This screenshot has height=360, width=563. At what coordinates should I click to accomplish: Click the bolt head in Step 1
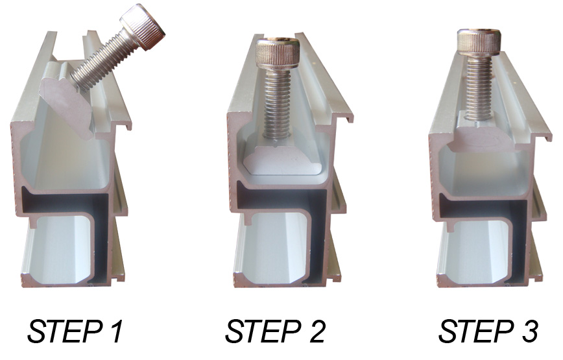coord(143,27)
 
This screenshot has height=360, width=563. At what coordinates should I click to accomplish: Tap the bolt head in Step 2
coord(277,51)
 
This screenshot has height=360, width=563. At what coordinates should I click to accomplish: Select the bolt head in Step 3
coord(479,42)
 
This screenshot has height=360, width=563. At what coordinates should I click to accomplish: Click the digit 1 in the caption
coord(115,330)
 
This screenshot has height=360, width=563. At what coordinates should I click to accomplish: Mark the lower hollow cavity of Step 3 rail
coord(475,251)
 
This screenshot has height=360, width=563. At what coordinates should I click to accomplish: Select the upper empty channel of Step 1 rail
coord(61,162)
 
